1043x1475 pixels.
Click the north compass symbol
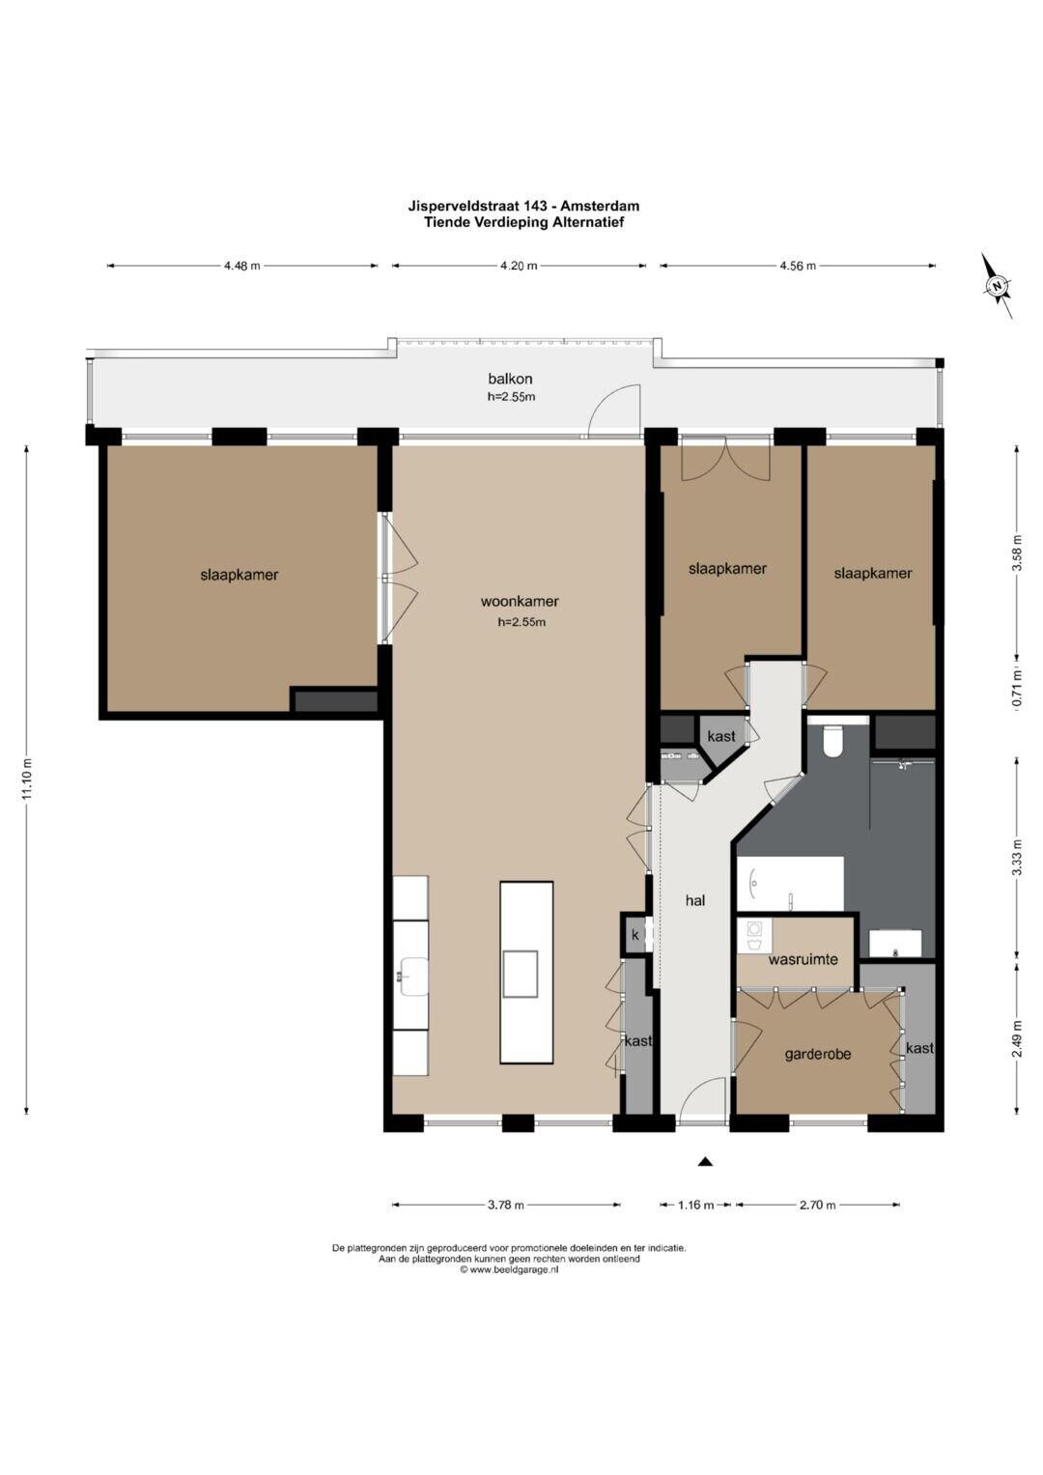[999, 286]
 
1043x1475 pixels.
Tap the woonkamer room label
[520, 601]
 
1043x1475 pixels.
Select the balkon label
[510, 379]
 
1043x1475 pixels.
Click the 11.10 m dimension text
[26, 779]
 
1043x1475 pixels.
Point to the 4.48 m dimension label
[241, 266]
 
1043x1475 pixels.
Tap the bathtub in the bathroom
[790, 883]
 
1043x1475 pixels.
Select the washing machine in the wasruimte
[754, 936]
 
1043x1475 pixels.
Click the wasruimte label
[803, 959]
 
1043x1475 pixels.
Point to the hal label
[695, 900]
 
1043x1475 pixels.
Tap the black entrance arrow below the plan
[705, 1162]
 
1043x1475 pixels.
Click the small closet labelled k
[635, 934]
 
